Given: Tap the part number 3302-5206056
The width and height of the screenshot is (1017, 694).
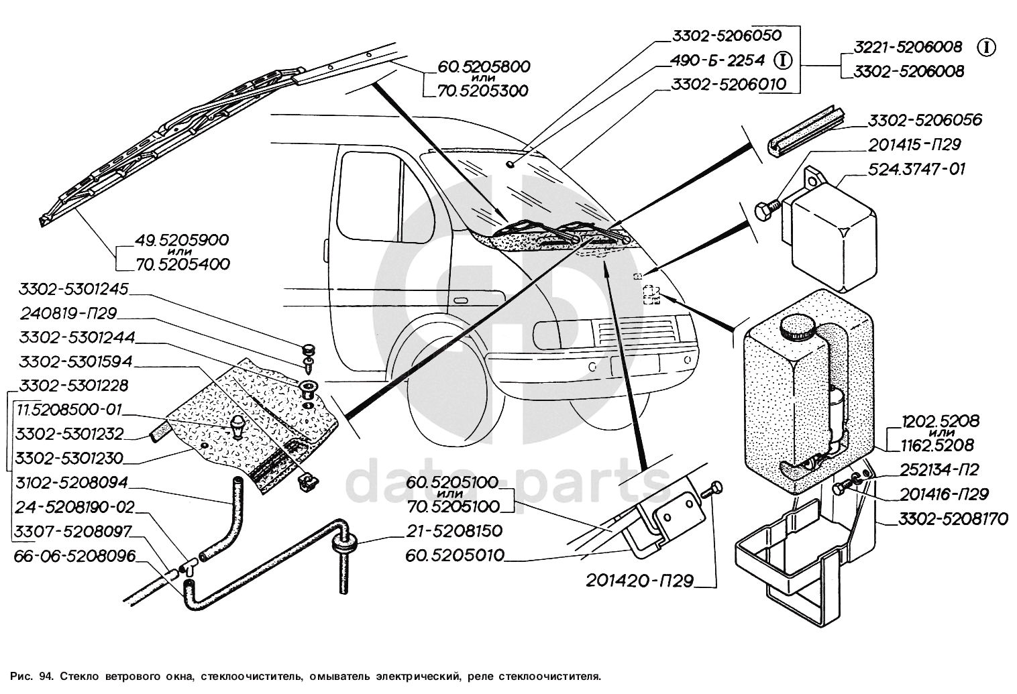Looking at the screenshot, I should tap(924, 121).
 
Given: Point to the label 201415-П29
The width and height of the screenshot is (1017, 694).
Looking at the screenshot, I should tap(915, 144).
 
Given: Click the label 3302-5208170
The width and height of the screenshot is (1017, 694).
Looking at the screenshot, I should tap(953, 519).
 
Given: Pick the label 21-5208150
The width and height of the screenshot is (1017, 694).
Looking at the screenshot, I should tap(454, 531).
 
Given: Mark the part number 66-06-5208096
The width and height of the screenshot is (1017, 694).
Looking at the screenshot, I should tap(74, 556).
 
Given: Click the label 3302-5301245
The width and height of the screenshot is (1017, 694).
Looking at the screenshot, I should tap(74, 290).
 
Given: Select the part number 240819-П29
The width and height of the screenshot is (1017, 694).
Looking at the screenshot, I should tap(69, 313).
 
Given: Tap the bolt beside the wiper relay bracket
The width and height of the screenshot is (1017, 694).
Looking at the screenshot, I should tap(767, 210).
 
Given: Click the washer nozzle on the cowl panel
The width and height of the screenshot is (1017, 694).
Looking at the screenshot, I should tap(237, 425).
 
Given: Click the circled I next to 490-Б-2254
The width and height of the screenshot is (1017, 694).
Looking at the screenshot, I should tap(783, 60).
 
